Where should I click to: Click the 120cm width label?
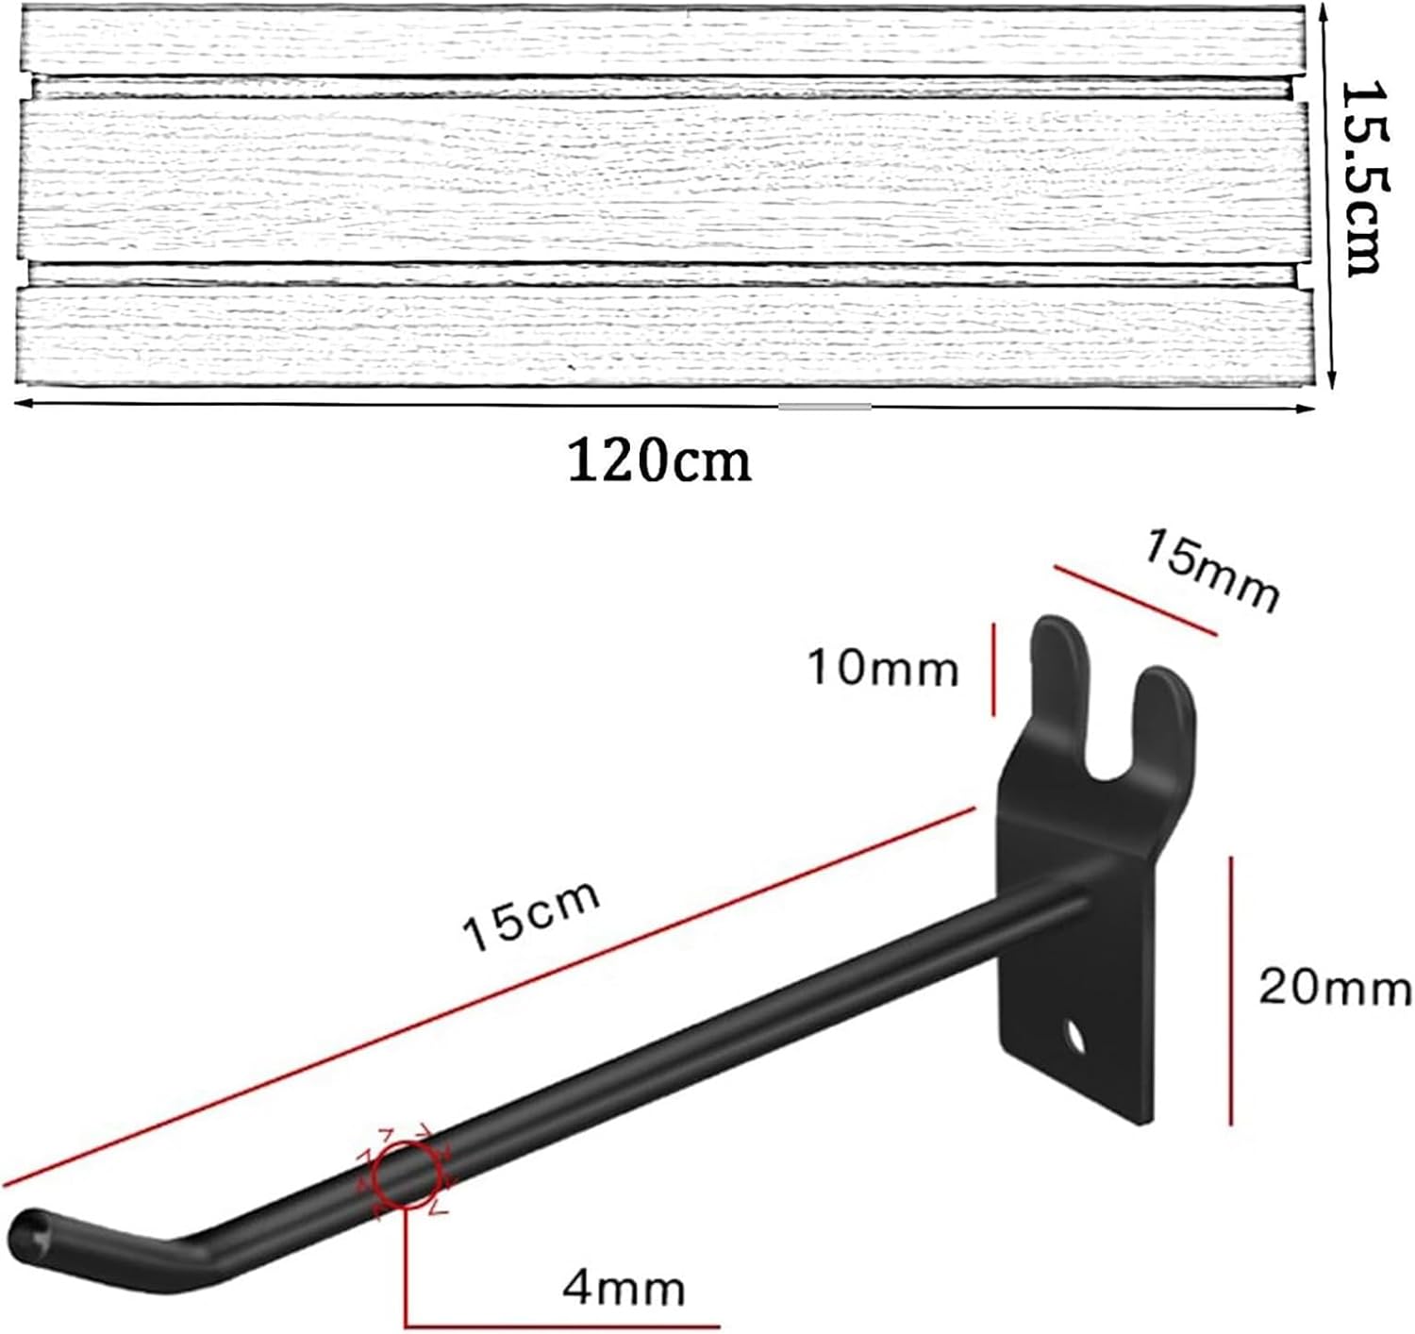click(x=659, y=461)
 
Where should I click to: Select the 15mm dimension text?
click(x=1212, y=571)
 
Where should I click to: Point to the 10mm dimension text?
click(x=883, y=669)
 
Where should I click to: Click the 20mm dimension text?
click(x=1334, y=989)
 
